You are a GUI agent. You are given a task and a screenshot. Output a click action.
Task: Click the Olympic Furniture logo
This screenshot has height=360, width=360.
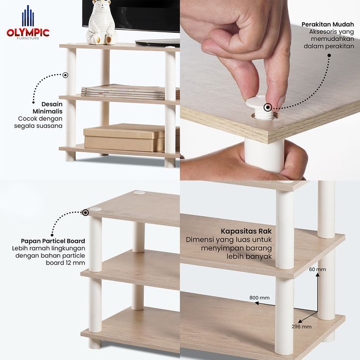(28, 22)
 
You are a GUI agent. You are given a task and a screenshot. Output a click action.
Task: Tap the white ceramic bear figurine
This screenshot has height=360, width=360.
(101, 22)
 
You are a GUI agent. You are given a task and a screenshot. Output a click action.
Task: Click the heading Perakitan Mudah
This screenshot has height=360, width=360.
(328, 24)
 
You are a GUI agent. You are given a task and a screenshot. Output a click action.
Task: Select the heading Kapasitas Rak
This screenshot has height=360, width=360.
(246, 231)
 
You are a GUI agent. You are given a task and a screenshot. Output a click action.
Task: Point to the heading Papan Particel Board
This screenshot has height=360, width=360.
(53, 241)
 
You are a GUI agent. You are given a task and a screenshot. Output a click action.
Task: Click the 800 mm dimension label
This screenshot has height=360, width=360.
(259, 298)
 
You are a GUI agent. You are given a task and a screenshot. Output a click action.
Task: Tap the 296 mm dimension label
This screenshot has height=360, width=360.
(301, 326)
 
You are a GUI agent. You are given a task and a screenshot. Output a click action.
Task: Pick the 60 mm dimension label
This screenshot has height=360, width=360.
(317, 269)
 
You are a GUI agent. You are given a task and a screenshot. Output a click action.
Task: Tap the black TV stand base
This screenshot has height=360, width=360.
(158, 43)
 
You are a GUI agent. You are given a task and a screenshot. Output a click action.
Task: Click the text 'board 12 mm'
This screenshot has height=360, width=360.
(65, 263)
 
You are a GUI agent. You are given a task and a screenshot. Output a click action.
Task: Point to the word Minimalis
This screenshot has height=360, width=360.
(48, 112)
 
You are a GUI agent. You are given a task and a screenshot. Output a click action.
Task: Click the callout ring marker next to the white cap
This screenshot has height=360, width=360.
(268, 107)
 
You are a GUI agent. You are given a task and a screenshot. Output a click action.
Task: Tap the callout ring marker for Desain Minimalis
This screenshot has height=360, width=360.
(65, 75)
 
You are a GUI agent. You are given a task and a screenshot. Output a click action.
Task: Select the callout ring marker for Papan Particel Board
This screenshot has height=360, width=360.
(85, 213)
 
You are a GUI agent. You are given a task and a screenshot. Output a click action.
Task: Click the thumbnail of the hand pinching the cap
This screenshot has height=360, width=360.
(270, 90)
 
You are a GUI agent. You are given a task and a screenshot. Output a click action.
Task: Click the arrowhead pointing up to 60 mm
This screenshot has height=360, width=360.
(317, 275)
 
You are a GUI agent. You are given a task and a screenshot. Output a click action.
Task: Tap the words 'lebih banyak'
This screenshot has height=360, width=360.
(249, 256)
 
